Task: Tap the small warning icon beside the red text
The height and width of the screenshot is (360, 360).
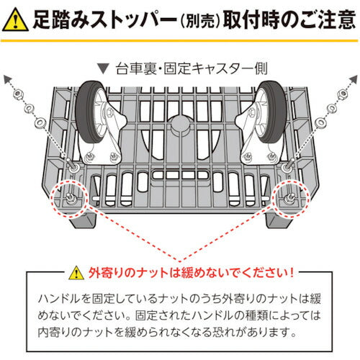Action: click(x=77, y=274)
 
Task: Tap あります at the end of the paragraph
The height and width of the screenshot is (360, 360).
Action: click(x=279, y=333)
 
